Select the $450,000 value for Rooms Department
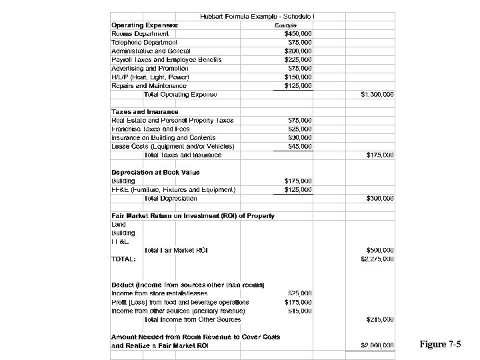click(x=297, y=33)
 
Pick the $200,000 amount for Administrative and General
click(x=297, y=51)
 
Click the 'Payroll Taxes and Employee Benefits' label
click(x=166, y=59)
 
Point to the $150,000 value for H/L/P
click(x=297, y=77)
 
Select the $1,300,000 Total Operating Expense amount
click(x=377, y=94)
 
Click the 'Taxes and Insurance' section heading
click(x=145, y=112)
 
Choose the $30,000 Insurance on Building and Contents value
click(x=299, y=137)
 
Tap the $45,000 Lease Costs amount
click(x=299, y=146)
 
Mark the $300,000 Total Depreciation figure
click(x=380, y=198)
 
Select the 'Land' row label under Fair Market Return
click(x=118, y=225)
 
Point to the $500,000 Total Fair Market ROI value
click(x=380, y=250)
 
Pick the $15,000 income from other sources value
click(x=299, y=311)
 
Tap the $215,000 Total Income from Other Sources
click(x=380, y=319)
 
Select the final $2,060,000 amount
click(x=377, y=345)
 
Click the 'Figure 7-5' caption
click(x=440, y=345)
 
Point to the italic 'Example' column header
click(x=286, y=25)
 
